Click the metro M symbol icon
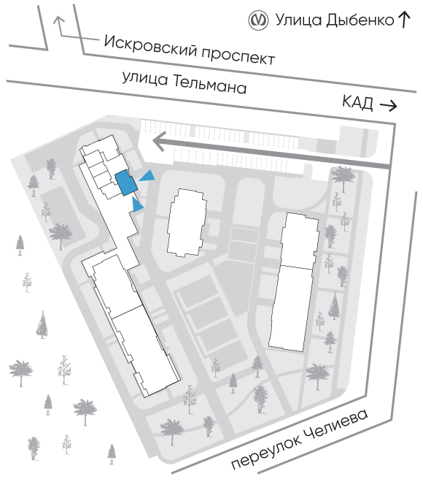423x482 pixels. [258, 20]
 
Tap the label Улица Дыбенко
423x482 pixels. [335, 20]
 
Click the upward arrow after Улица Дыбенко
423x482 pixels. [405, 20]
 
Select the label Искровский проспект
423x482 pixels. [189, 50]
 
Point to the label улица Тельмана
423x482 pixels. [185, 82]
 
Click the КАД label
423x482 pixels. [357, 102]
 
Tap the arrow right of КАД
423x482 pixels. [389, 106]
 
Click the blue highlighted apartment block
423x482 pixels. [125, 183]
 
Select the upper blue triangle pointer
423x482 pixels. [147, 176]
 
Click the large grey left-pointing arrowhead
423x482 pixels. [160, 142]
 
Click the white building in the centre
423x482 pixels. [186, 223]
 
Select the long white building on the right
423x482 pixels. [294, 282]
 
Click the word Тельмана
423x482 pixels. [210, 85]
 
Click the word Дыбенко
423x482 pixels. [360, 20]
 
